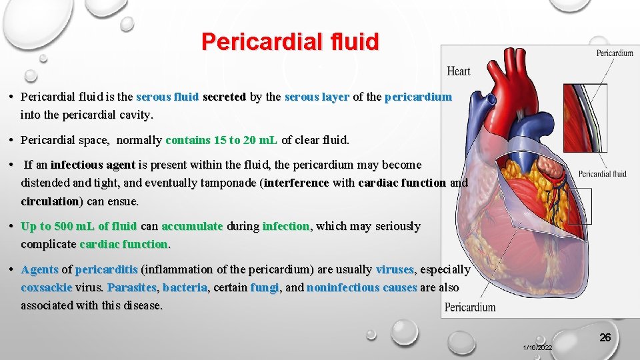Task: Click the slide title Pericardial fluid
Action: [x=290, y=41]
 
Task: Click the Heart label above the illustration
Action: [x=458, y=71]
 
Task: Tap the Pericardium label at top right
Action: [x=614, y=53]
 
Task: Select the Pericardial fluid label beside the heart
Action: [x=602, y=174]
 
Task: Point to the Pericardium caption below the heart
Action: [x=470, y=307]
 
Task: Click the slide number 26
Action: [x=605, y=337]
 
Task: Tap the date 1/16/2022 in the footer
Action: [x=537, y=348]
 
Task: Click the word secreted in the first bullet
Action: [x=224, y=97]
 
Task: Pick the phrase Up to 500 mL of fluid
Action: [x=79, y=226]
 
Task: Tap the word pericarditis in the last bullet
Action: [x=107, y=269]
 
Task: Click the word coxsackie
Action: [x=46, y=287]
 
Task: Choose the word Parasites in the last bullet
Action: [x=131, y=287]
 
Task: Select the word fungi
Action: [x=264, y=287]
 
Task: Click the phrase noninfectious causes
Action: [x=361, y=287]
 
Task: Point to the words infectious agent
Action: [x=93, y=165]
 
